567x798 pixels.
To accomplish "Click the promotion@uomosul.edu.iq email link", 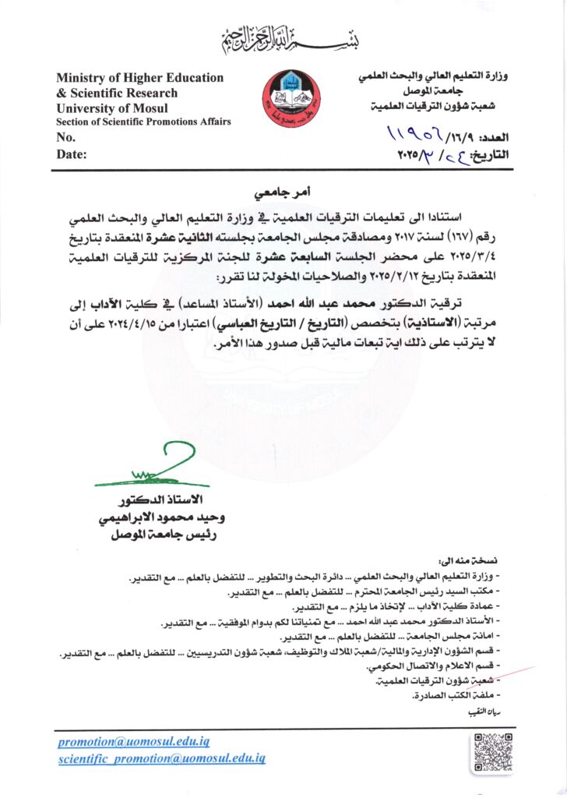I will (x=134, y=742).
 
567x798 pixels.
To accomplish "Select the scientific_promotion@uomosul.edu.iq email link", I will (x=162, y=757).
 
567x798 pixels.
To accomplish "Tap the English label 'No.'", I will (x=65, y=138).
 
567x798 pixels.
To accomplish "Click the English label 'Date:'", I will (x=72, y=154).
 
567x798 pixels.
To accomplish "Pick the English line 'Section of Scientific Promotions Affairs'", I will (x=143, y=122).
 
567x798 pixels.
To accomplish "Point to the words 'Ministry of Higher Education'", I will (x=139, y=78).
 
